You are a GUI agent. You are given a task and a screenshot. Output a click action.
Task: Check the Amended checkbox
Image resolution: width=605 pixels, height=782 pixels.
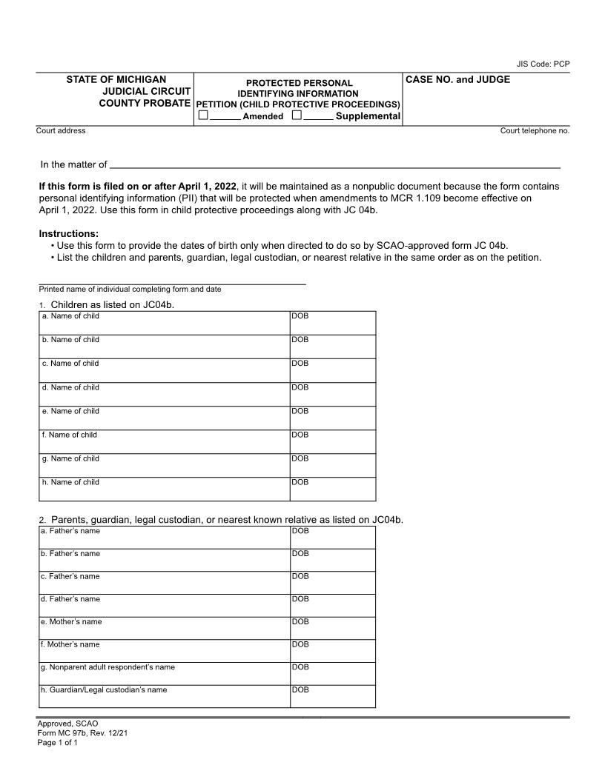pos(203,116)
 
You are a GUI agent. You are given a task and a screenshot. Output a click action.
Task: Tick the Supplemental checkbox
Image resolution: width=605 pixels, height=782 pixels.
pos(297,116)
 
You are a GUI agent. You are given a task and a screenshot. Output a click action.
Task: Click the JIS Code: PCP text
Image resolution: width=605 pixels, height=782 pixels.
pos(543,64)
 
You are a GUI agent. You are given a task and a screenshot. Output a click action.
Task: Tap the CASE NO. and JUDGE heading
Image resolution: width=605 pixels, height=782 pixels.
pos(457,79)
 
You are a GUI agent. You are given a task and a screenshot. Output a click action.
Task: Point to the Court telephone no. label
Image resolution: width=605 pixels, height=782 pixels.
pos(535,131)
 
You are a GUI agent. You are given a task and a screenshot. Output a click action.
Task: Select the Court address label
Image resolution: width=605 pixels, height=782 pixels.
pos(61,131)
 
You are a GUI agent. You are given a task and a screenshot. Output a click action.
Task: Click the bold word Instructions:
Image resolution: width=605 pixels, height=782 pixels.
pos(68,234)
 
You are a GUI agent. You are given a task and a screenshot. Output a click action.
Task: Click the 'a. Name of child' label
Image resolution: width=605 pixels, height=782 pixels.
pos(71,316)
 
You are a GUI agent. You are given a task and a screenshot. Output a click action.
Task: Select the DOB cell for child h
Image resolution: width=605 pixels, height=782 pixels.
pos(332,489)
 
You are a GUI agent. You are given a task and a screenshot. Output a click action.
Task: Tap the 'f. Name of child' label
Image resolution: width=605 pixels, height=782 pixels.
pos(70,435)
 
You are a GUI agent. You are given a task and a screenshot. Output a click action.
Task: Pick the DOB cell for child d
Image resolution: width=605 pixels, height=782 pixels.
pos(332,394)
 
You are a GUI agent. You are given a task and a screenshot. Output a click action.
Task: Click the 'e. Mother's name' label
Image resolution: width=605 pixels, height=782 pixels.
pos(71,622)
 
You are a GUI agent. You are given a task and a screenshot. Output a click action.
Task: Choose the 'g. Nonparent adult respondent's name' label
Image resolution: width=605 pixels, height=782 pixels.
pos(108,667)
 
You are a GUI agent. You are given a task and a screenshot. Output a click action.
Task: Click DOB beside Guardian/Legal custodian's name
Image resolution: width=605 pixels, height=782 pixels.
pos(332,696)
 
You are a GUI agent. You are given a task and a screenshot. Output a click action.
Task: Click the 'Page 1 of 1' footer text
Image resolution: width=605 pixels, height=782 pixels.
pos(58,743)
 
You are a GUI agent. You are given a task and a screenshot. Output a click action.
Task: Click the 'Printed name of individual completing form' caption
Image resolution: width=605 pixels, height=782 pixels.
pos(130,290)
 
